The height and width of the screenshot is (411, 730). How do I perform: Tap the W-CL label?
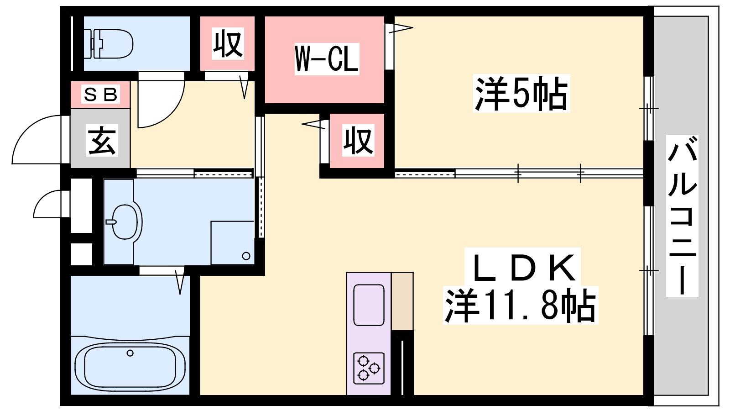coord(327,59)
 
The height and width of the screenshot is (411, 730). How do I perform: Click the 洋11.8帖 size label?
coord(521,306)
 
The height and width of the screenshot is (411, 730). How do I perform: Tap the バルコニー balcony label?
coord(682,216)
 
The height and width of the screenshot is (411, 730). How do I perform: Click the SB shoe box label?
coord(101,95)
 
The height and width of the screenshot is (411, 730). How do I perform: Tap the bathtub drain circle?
coord(130,353)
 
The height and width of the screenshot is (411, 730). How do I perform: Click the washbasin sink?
coord(124,222)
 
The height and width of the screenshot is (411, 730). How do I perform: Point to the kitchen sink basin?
coord(369,305)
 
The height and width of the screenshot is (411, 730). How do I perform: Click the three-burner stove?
coord(369,369)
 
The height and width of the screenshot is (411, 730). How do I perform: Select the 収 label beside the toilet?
coord(228,43)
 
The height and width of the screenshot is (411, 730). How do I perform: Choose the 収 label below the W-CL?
coord(358,141)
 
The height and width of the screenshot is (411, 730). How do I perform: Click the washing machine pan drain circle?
coord(246,256)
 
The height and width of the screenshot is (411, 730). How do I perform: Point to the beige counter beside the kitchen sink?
coord(402,301)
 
